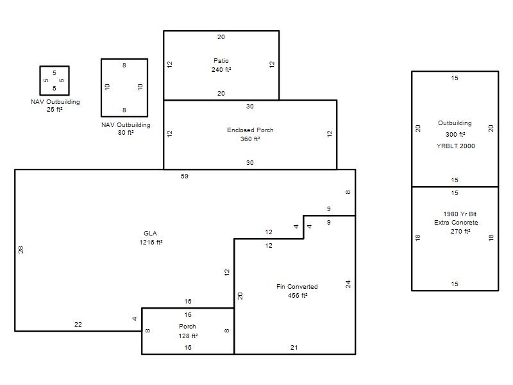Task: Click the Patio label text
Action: point(221,60)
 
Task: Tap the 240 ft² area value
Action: point(221,69)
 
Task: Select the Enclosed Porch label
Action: point(250,130)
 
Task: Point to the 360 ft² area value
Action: point(250,139)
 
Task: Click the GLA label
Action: point(150,233)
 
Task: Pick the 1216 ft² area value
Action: point(151,243)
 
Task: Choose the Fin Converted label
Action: point(297,286)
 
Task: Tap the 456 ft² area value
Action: point(298,295)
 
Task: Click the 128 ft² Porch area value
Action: point(188,336)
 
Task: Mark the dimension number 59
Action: point(185,176)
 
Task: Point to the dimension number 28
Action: point(21,250)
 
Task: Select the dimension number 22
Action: point(78,325)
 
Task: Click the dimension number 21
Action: point(294,348)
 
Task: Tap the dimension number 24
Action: point(348,284)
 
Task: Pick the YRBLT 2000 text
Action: point(455,146)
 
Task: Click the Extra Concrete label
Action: point(456,222)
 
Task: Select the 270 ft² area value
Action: point(460,231)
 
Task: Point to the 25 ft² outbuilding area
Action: point(55,109)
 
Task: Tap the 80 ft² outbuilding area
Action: point(126,133)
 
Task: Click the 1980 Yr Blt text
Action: point(460,214)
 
